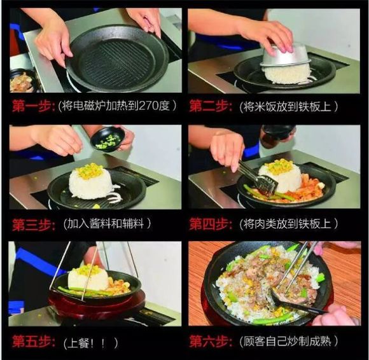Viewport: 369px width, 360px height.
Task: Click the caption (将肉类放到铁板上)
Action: click(x=289, y=223)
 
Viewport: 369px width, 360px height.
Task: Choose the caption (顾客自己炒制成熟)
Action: click(x=289, y=342)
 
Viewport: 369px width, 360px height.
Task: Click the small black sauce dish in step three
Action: click(x=108, y=139)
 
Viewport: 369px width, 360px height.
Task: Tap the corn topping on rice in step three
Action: click(x=90, y=170)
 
